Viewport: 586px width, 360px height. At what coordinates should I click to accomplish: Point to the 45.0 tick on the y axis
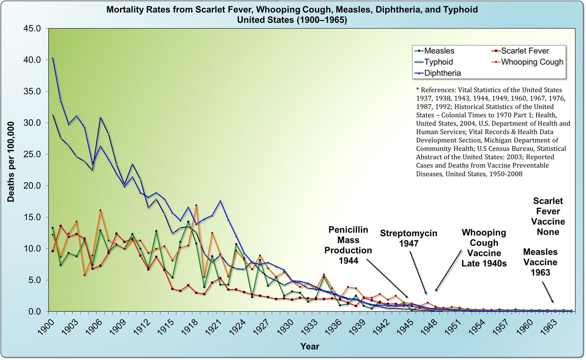pyautogui.click(x=32, y=29)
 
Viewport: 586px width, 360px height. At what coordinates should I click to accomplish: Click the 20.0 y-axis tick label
pyautogui.click(x=32, y=186)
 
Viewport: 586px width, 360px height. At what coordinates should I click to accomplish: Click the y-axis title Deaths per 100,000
pyautogui.click(x=11, y=162)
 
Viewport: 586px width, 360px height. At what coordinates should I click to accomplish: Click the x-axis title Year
pyautogui.click(x=309, y=347)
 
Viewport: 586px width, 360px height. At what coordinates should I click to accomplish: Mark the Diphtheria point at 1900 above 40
pyautogui.click(x=53, y=58)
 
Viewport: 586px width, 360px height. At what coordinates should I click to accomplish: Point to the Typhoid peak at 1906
pyautogui.click(x=100, y=117)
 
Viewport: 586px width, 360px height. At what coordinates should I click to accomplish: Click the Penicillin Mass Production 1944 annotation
pyautogui.click(x=348, y=245)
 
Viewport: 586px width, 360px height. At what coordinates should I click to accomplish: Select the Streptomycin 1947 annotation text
pyautogui.click(x=408, y=238)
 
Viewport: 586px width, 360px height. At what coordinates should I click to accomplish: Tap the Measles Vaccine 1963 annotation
pyautogui.click(x=540, y=262)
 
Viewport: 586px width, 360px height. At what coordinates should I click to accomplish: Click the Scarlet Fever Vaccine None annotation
pyautogui.click(x=548, y=217)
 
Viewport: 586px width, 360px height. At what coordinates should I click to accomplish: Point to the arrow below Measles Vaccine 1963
pyautogui.click(x=547, y=292)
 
